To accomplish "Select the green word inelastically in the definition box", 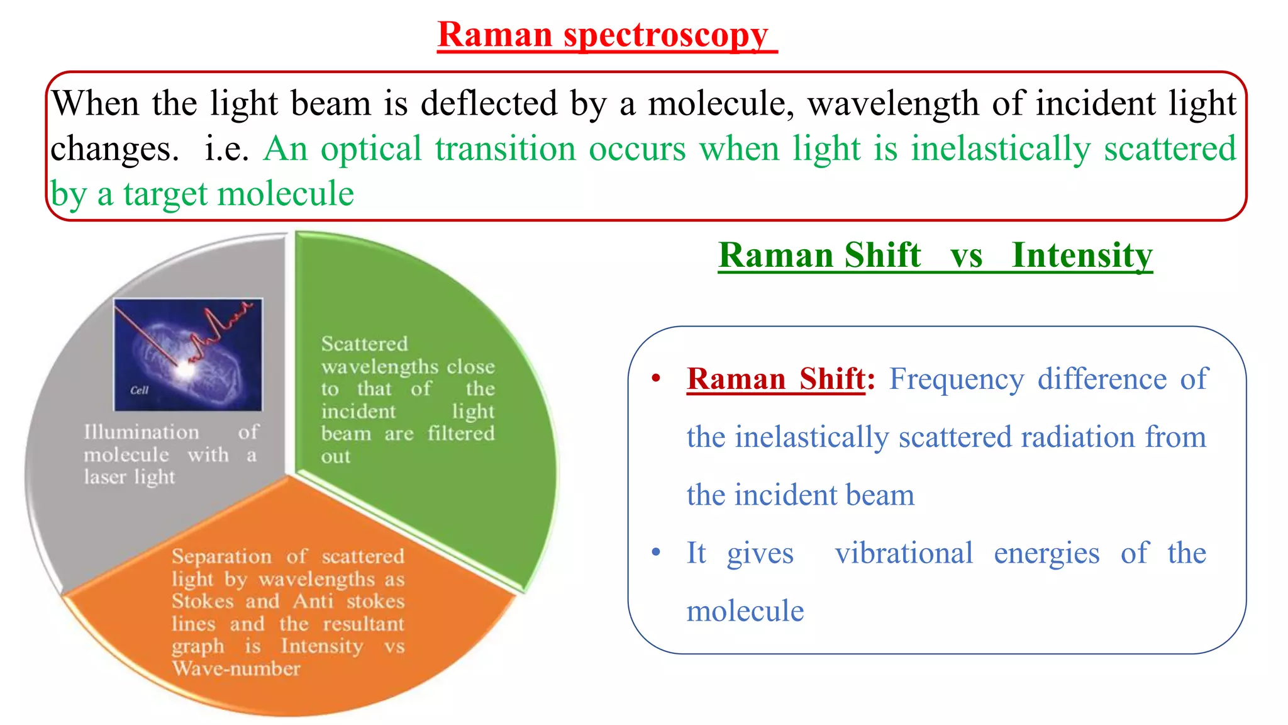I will [1000, 150].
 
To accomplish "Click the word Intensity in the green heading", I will [1082, 256].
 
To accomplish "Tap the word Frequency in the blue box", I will [956, 379].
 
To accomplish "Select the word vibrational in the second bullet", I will [904, 554].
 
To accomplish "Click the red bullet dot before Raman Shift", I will [656, 379].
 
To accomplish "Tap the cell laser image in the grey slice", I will [187, 354].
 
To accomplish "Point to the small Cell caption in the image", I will [139, 390].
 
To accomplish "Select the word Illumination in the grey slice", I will [142, 432].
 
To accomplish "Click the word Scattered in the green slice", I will [364, 344].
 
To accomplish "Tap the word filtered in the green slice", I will [461, 434].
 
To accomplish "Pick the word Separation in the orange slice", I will [221, 556].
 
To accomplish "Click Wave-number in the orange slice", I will [236, 668].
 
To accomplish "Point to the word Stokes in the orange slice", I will [203, 601].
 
